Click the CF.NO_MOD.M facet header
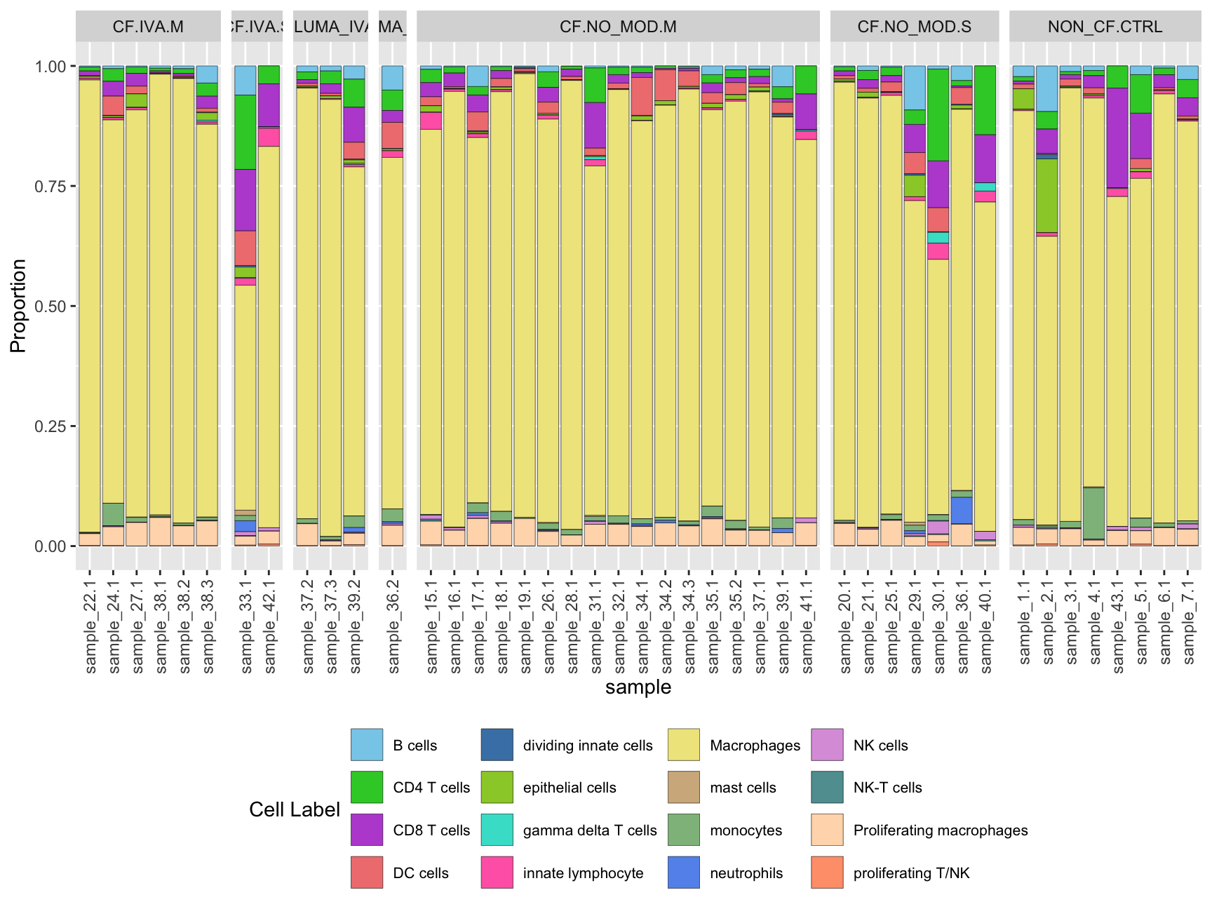point(618,27)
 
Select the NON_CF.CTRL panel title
point(1105,27)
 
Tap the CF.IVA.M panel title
point(148,27)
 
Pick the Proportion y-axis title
point(18,306)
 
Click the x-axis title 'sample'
point(638,687)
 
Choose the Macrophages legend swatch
point(684,745)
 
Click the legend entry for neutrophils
point(746,873)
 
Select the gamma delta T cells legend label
point(590,830)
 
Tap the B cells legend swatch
point(367,745)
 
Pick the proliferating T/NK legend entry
point(911,873)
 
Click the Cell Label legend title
point(295,809)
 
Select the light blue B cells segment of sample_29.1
point(915,88)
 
